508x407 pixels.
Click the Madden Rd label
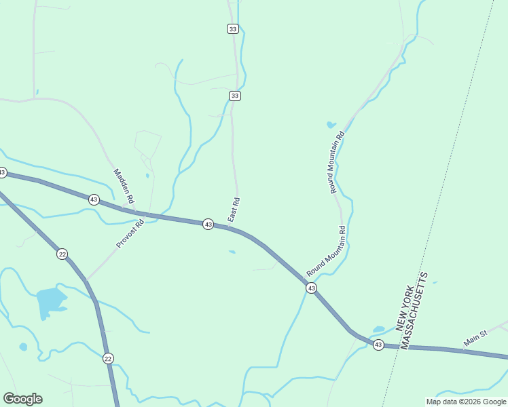click(x=123, y=187)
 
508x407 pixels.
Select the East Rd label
click(x=234, y=210)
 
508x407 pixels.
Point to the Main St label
click(x=475, y=338)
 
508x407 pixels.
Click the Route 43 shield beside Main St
click(x=378, y=345)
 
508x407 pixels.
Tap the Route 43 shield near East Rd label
click(x=208, y=224)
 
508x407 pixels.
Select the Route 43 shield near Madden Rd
click(x=94, y=199)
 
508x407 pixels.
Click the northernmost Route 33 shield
click(x=233, y=28)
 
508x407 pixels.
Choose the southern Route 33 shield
click(x=234, y=96)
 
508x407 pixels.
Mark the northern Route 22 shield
click(x=62, y=254)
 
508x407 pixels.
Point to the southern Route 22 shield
click(x=108, y=358)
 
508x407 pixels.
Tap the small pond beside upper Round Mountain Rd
click(x=331, y=125)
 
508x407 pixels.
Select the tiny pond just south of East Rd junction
click(x=232, y=252)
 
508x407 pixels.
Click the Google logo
click(x=22, y=399)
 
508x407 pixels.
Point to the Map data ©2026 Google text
click(x=466, y=402)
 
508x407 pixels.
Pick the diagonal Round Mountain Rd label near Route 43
click(x=327, y=251)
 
